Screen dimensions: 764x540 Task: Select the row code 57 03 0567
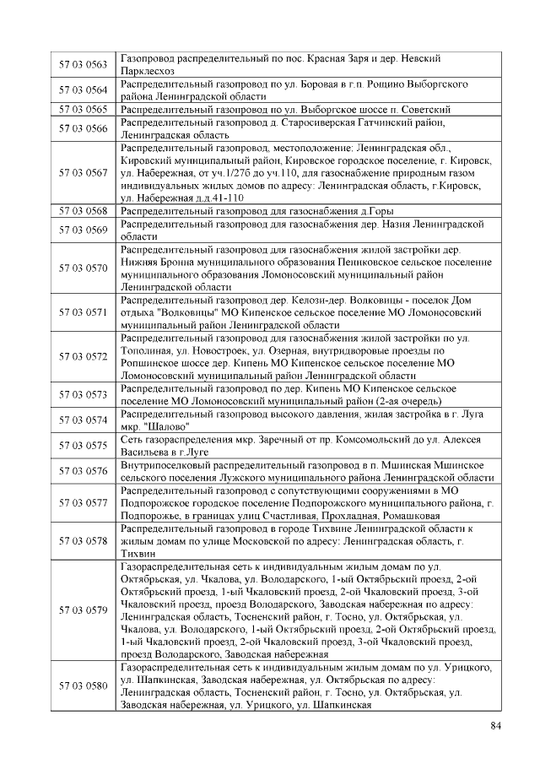[x=84, y=173]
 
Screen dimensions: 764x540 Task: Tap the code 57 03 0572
[x=84, y=357]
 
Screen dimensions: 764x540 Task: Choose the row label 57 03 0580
[x=84, y=685]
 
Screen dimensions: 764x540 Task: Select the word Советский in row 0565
[x=422, y=110]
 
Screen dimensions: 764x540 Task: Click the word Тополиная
[x=147, y=350]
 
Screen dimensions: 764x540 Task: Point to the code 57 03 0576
[x=84, y=471]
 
